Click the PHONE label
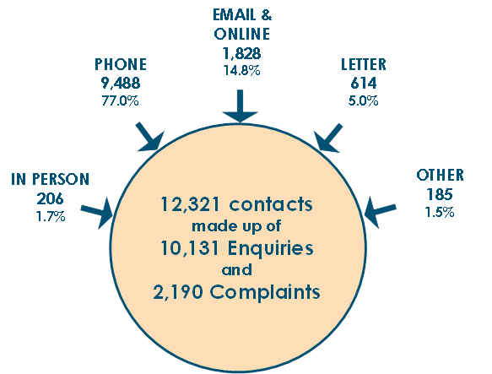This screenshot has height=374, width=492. pyautogui.click(x=121, y=64)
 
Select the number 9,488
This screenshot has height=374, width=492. pyautogui.click(x=121, y=84)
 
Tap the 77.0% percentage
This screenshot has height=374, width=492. pyautogui.click(x=120, y=100)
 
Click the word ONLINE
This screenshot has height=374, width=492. pyautogui.click(x=241, y=34)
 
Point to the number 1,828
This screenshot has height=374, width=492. pyautogui.click(x=241, y=53)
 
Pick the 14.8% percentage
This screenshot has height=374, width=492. pyautogui.click(x=241, y=70)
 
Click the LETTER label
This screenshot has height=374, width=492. pyautogui.click(x=364, y=64)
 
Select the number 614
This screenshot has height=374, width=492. pyautogui.click(x=364, y=84)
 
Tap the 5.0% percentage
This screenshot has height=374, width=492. pyautogui.click(x=364, y=100)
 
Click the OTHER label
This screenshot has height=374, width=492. pyautogui.click(x=440, y=175)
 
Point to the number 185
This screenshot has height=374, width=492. pyautogui.click(x=440, y=194)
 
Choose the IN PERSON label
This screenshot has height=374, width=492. pyautogui.click(x=51, y=179)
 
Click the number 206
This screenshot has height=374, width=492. pyautogui.click(x=50, y=198)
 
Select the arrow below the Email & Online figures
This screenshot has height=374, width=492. pyautogui.click(x=240, y=106)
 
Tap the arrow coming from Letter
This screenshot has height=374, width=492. pyautogui.click(x=328, y=138)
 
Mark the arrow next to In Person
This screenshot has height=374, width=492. pyautogui.click(x=97, y=213)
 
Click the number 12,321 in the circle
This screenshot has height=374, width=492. pyautogui.click(x=190, y=204)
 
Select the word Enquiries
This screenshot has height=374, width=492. pyautogui.click(x=271, y=248)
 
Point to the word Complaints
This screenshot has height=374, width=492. pyautogui.click(x=265, y=292)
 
